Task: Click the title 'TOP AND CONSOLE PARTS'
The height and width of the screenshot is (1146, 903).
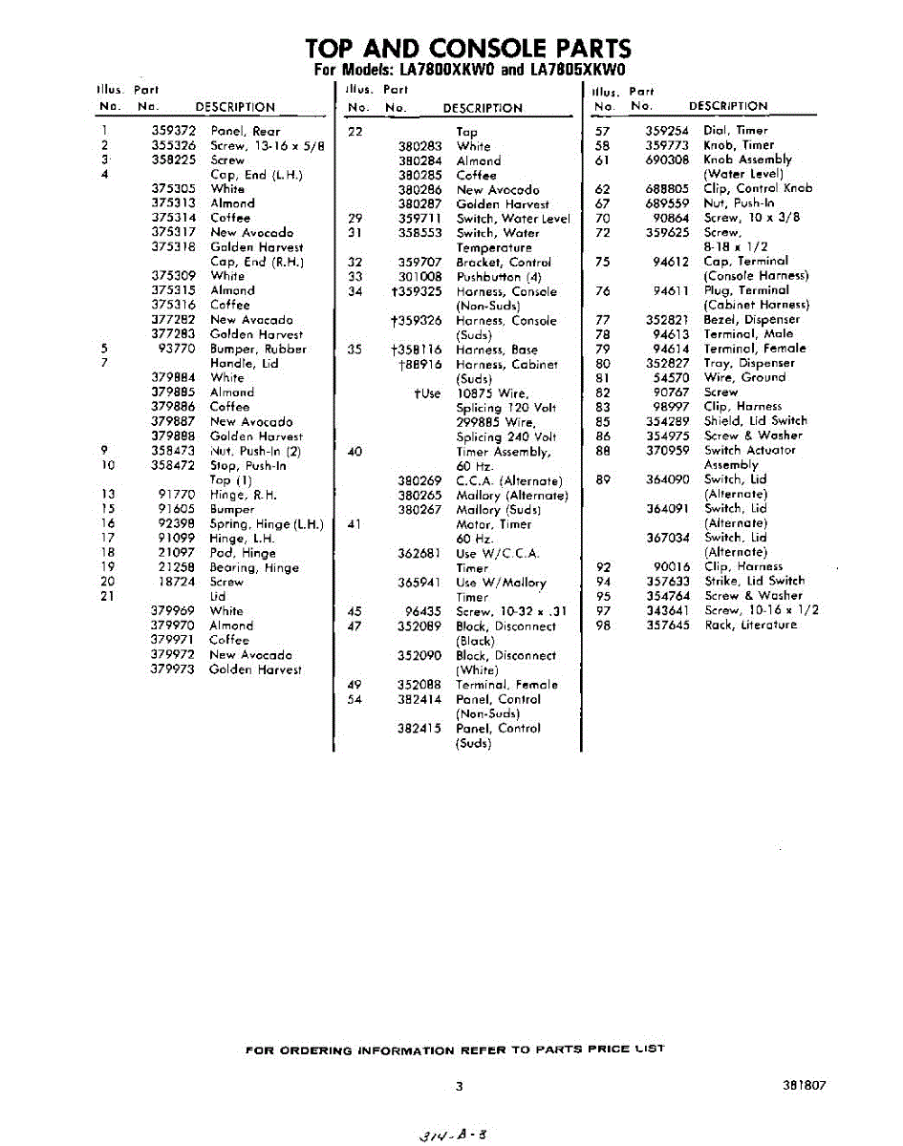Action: tap(468, 48)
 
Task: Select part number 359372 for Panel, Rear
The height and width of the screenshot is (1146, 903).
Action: tap(173, 131)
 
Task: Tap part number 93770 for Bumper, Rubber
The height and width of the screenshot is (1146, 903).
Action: tap(179, 349)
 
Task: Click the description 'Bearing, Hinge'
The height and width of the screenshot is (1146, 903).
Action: tap(254, 567)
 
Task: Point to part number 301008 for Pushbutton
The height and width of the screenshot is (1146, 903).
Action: tap(419, 277)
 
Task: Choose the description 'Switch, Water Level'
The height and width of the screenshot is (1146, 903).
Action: tap(513, 219)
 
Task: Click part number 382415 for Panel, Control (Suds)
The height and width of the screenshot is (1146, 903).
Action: tap(419, 729)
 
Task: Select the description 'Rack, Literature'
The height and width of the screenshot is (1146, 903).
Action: tap(750, 626)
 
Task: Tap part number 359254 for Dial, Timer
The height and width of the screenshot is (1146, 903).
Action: tap(667, 131)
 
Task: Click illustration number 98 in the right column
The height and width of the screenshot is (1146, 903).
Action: tap(603, 626)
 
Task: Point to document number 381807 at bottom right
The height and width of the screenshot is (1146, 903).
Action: tap(803, 1086)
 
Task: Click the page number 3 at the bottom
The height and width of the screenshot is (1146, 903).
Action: tap(459, 1086)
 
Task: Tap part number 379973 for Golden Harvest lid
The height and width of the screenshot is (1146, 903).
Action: tap(173, 669)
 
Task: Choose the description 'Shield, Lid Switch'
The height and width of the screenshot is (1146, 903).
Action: tap(755, 421)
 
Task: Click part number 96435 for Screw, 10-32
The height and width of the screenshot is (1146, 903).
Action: tap(422, 612)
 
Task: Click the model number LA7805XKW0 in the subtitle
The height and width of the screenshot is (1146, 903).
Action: tap(577, 72)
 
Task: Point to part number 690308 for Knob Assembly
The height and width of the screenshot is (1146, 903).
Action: tap(667, 160)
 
